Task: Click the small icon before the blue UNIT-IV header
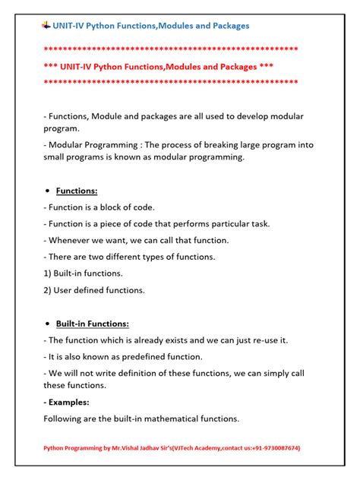pos(46,25)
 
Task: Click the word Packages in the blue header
pos(224,26)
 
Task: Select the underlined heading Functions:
pos(77,191)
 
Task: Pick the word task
pos(260,223)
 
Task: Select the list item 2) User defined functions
pos(94,289)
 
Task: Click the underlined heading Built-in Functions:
pos(93,323)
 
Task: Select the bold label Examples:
pos(67,402)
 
